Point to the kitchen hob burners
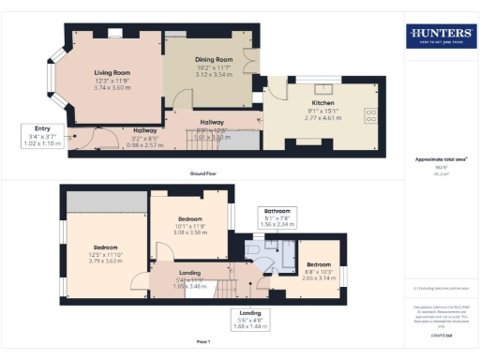pos(370,116)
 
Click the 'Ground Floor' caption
pos(204,174)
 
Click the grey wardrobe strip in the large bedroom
pos(105,202)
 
